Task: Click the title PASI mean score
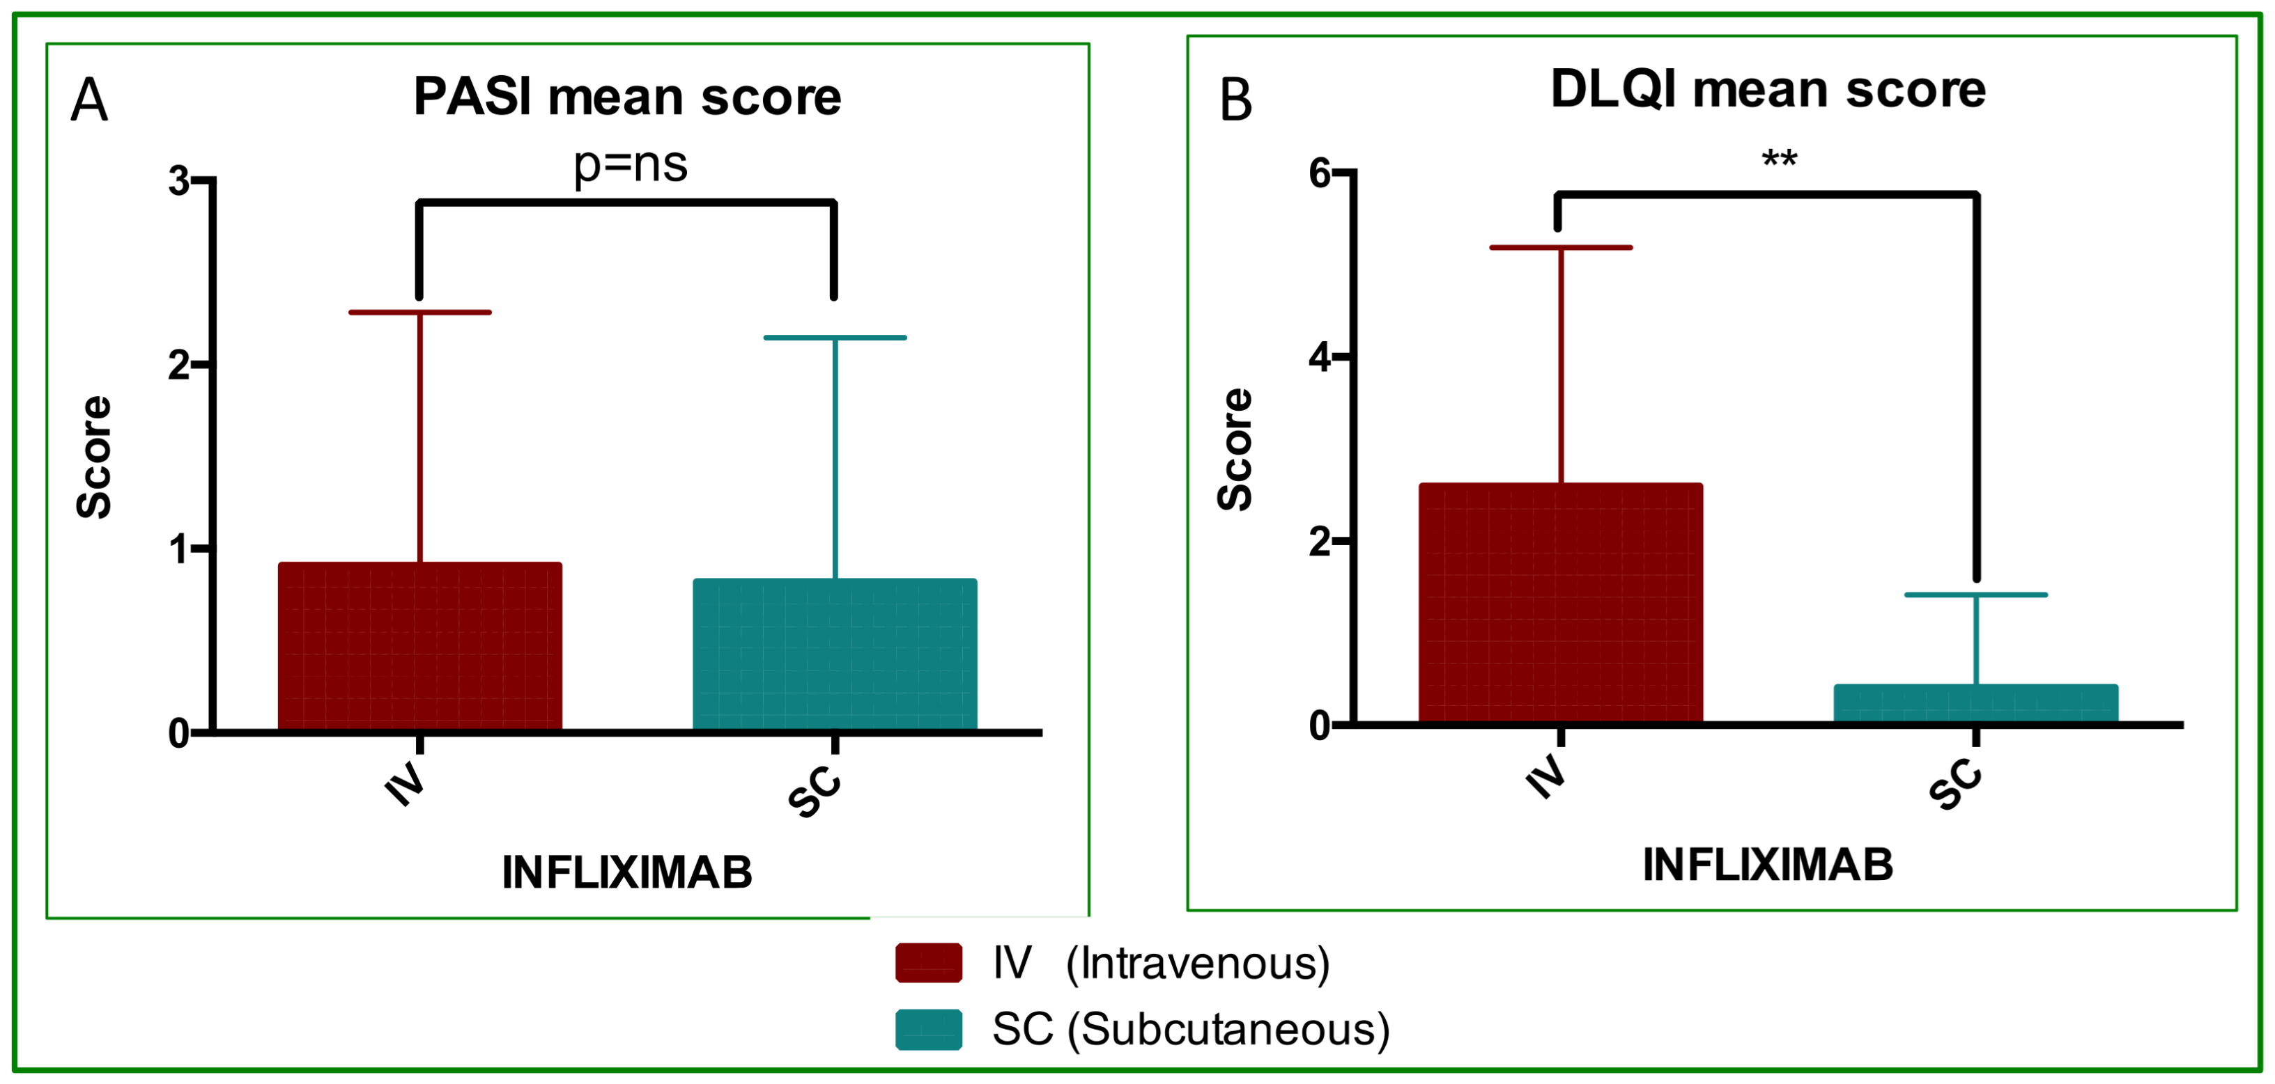[627, 97]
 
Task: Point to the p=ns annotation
[630, 165]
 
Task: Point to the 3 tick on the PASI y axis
[179, 181]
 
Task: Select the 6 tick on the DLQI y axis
[1320, 173]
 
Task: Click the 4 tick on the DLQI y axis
[1320, 358]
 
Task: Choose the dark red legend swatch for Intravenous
[928, 962]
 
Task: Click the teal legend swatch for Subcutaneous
[928, 1029]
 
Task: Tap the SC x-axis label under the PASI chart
[813, 792]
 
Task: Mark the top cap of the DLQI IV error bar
[1561, 248]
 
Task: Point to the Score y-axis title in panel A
[93, 457]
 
